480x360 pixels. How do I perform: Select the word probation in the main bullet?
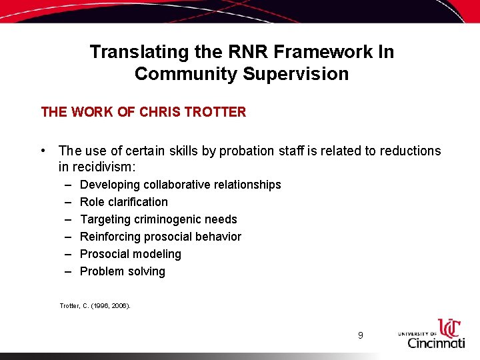tap(243, 151)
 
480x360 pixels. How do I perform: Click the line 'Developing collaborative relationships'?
tap(180, 185)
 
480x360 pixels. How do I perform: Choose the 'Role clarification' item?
tap(123, 202)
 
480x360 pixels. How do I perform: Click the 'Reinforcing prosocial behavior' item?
tap(160, 237)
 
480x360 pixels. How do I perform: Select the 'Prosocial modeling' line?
tap(130, 254)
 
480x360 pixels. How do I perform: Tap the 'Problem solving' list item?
tap(122, 271)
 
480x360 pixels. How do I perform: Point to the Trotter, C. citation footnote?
tap(95, 306)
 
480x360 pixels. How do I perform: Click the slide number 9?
tap(360, 335)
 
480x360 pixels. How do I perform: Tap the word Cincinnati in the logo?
tap(436, 343)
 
